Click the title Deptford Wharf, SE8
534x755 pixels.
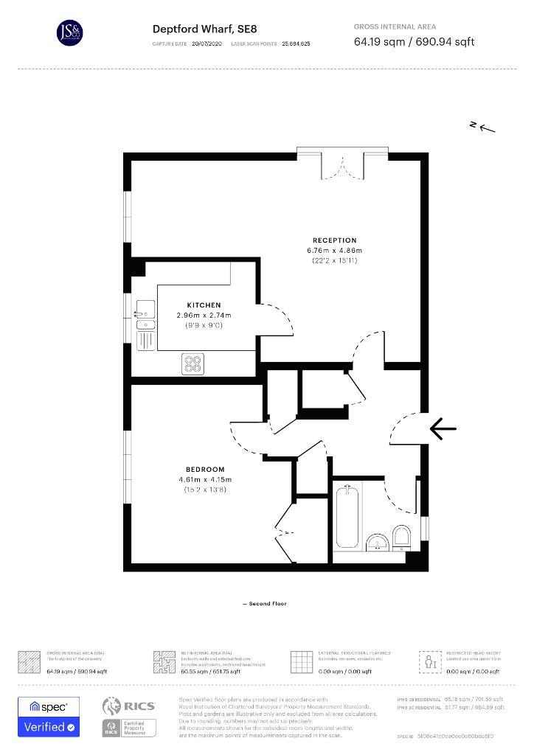[x=204, y=29]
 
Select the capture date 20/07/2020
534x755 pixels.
[x=206, y=44]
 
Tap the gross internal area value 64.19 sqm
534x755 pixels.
[x=377, y=42]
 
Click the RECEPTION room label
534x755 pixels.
[x=334, y=240]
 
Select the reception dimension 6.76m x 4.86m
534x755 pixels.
[x=335, y=251]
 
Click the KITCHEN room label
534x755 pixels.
[x=204, y=305]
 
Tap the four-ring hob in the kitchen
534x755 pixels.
[x=193, y=363]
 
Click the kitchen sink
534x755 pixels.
[x=144, y=318]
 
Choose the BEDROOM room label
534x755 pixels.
[x=205, y=470]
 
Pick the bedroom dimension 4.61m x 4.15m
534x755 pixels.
[x=205, y=480]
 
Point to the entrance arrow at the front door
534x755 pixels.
[x=443, y=428]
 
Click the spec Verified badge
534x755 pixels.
[x=48, y=717]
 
